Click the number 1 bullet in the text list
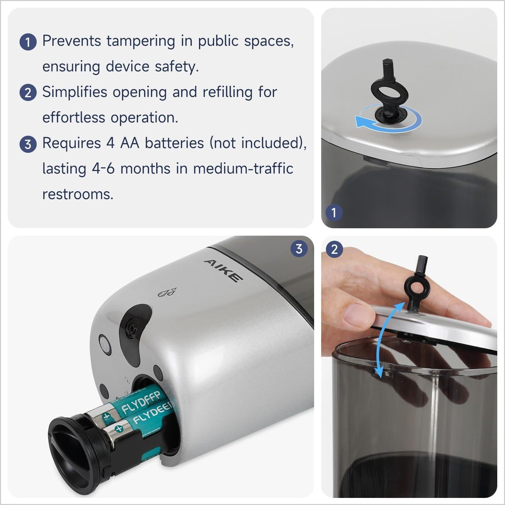(x=28, y=42)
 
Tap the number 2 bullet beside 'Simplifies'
(x=28, y=93)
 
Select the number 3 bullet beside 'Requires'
(x=28, y=144)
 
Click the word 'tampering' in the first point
(x=141, y=41)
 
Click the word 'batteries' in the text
(x=174, y=143)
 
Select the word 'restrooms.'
(x=78, y=194)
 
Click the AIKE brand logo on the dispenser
(x=223, y=270)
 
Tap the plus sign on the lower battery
(x=118, y=429)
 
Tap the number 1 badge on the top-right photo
(x=334, y=212)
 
